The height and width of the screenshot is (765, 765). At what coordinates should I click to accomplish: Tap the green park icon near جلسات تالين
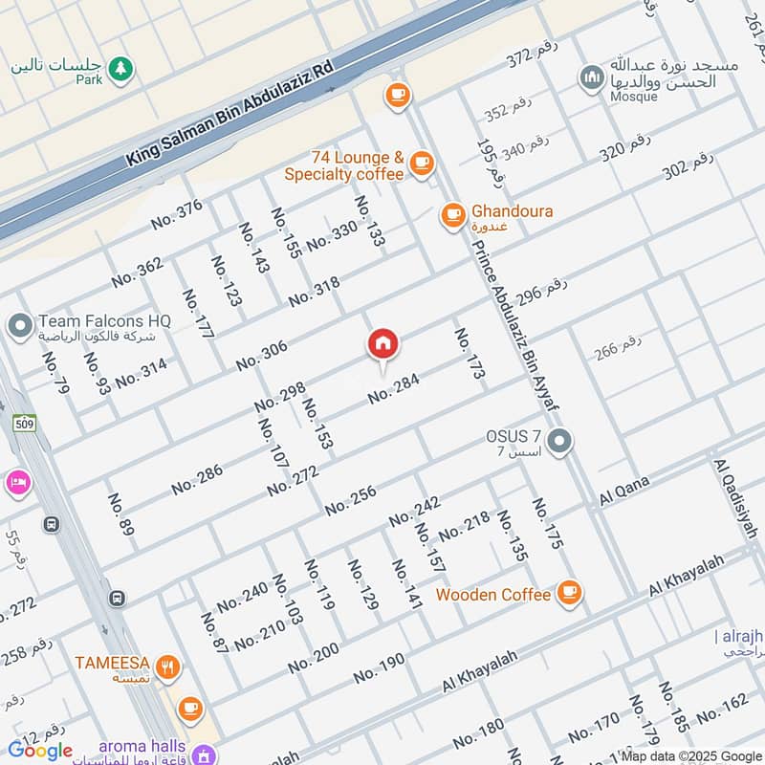[120, 68]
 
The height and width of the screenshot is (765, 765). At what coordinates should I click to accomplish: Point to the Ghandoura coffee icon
[452, 215]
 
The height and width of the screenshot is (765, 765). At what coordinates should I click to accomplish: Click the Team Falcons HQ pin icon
[19, 326]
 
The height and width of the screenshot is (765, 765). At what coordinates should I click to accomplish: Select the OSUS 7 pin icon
[561, 442]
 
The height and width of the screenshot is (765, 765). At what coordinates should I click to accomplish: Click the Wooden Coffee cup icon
[569, 594]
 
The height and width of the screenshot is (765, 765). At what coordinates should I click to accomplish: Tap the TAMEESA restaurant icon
[168, 667]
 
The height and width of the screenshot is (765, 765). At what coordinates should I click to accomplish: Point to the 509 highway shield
[25, 422]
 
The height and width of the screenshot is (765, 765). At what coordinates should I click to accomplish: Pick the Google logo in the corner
[40, 750]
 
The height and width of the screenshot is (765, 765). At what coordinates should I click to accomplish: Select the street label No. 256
[350, 500]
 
